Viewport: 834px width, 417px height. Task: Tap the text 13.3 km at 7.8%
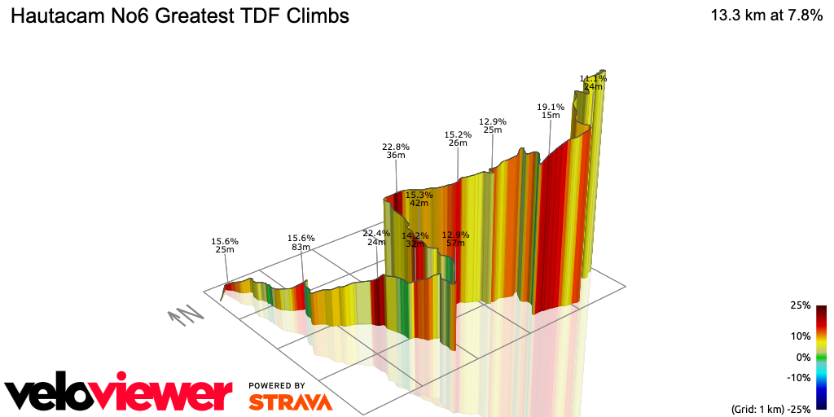point(766,15)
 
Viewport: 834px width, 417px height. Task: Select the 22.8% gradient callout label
point(396,147)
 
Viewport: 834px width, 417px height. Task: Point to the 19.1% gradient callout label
point(551,107)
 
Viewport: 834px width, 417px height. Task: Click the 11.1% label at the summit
point(593,78)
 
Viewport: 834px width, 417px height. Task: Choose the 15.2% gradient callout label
point(458,134)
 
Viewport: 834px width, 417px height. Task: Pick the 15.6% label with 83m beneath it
point(301,238)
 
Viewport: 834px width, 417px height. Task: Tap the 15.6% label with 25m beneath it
point(225,241)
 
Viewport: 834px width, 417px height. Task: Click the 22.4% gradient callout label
point(376,233)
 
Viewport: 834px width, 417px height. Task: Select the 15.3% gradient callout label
point(419,195)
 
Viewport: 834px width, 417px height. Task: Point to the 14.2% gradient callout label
point(415,235)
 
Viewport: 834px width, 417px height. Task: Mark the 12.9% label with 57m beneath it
point(455,235)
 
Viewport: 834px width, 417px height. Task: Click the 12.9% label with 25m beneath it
point(492,121)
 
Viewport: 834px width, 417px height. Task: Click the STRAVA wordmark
point(289,402)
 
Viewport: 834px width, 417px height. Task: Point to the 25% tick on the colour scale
point(800,305)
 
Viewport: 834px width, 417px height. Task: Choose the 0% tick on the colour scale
point(802,357)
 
